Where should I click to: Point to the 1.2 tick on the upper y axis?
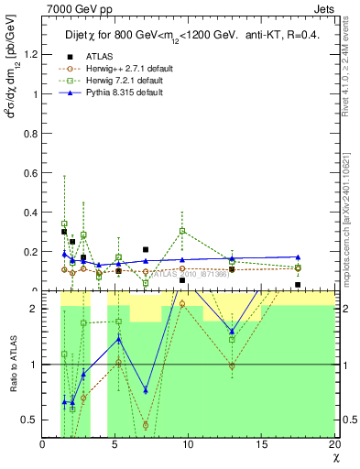(32, 54)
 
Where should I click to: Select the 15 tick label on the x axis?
(261, 445)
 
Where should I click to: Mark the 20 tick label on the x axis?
(333, 445)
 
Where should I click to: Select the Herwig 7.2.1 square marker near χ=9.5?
(183, 231)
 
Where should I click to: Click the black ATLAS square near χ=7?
(146, 249)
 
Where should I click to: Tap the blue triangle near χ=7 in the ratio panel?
(146, 390)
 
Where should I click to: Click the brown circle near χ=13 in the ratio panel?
(232, 365)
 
